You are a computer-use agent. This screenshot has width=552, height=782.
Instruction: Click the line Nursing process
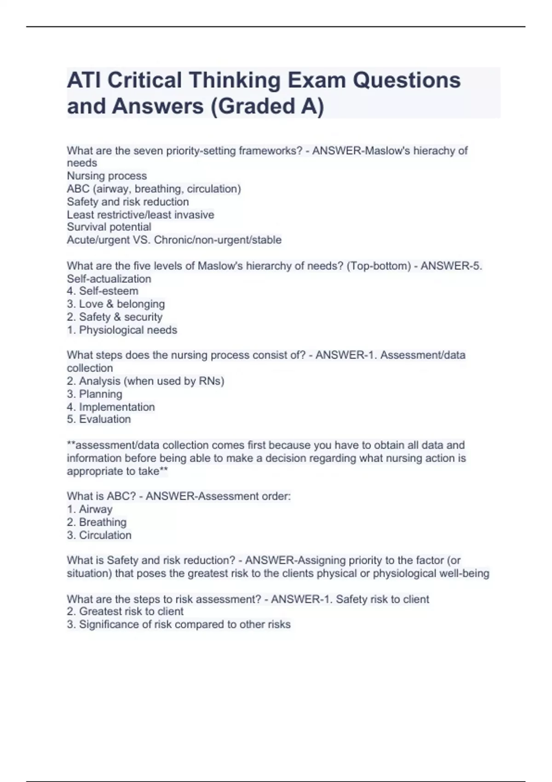point(107,176)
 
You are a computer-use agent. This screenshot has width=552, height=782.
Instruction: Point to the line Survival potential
point(109,227)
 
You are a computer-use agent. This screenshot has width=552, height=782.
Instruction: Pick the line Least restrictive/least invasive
point(140,214)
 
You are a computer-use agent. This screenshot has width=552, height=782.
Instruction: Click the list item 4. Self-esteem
point(102,291)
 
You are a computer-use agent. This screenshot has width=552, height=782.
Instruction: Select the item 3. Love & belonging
point(115,304)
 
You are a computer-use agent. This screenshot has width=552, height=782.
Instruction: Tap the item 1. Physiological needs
point(122,330)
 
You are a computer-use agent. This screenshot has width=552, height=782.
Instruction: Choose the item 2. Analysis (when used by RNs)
point(145,381)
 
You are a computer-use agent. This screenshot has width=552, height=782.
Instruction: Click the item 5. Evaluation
point(98,419)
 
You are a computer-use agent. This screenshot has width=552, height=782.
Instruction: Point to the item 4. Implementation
point(110,407)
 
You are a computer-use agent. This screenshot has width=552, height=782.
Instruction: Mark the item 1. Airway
point(89,509)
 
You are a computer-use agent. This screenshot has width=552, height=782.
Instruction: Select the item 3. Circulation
point(99,535)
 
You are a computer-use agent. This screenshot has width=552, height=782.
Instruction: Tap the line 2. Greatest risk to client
point(125,611)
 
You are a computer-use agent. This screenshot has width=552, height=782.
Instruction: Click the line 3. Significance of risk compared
point(178,624)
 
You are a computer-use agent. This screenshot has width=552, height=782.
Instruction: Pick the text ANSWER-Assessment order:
point(218,496)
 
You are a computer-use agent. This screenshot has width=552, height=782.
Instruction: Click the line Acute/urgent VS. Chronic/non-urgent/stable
point(174,240)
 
